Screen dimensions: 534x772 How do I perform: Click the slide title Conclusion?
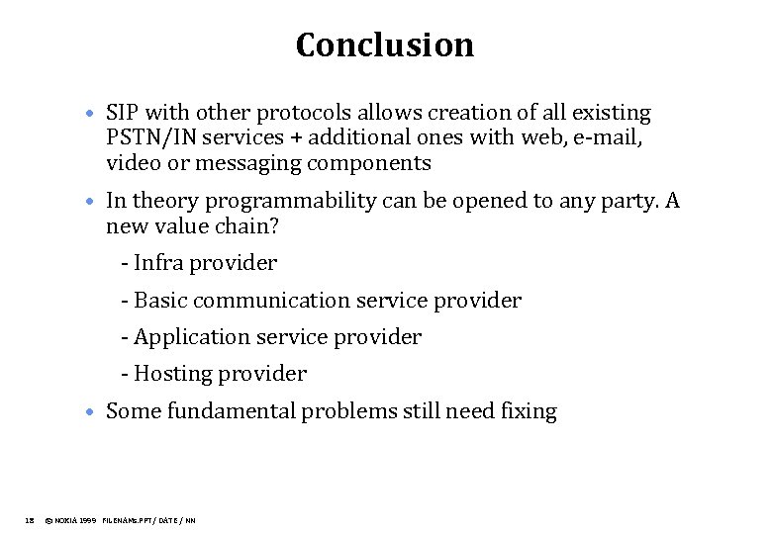click(385, 45)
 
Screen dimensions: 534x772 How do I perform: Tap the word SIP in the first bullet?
click(123, 114)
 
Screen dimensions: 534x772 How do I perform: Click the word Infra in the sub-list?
click(158, 263)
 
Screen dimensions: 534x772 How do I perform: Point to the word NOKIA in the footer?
click(67, 519)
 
